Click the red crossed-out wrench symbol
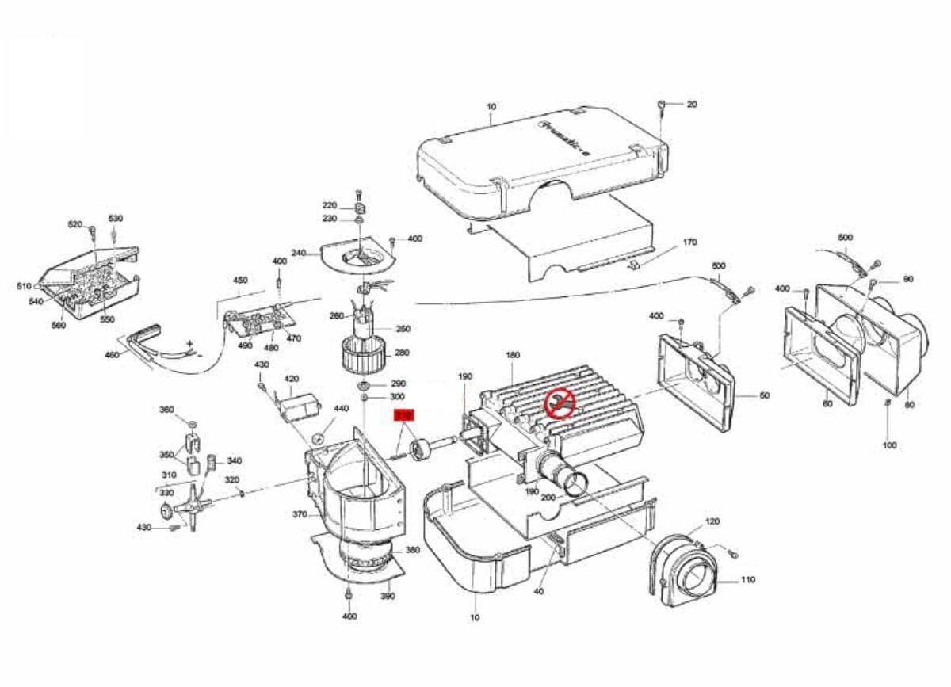click(559, 404)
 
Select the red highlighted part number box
click(404, 415)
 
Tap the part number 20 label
click(692, 105)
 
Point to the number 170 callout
click(689, 242)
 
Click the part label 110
click(747, 580)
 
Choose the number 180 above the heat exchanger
click(513, 355)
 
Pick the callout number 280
click(402, 353)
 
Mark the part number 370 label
click(299, 514)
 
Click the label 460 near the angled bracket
click(112, 355)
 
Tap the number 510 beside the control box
click(24, 286)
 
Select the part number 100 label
click(889, 445)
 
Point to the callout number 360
click(166, 410)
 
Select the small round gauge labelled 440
click(320, 437)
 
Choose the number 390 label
click(387, 596)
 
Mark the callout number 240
click(299, 254)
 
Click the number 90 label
click(908, 279)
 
